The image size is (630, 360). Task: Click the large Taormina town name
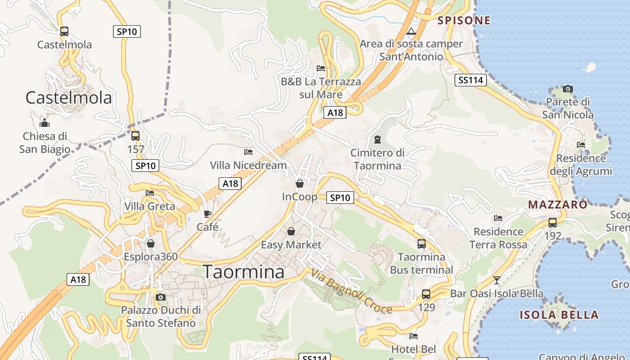point(243,272)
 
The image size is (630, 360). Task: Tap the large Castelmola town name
point(68,97)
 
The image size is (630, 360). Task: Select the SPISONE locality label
point(463,20)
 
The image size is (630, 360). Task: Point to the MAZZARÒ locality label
point(558,205)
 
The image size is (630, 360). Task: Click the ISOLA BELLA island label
point(559,315)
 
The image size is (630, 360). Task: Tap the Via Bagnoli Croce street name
point(351,291)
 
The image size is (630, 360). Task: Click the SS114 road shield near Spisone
point(470,80)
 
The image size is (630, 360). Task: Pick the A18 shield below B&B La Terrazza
point(335,112)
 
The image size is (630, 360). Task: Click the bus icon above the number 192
point(553,223)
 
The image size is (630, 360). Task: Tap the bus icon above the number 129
point(426,295)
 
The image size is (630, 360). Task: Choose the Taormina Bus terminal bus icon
point(422,244)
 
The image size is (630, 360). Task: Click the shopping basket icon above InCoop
point(300,184)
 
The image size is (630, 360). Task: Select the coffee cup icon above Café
point(207,214)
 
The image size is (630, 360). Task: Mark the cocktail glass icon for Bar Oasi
point(497,280)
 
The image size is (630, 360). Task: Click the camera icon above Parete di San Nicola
point(568,89)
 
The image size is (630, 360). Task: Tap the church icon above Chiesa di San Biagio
point(45,123)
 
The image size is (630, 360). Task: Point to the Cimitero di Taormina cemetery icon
point(377,139)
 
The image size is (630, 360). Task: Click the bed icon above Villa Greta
point(150,193)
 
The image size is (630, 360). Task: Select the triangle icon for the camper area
point(410,31)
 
